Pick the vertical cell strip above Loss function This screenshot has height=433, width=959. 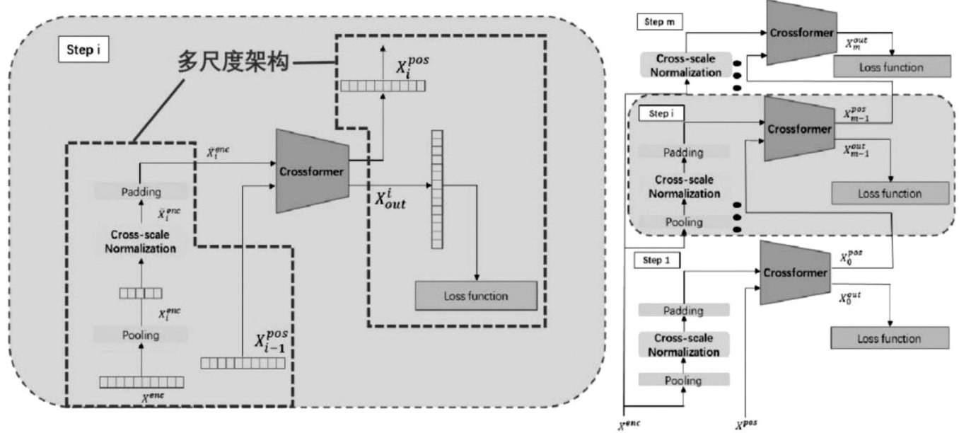tap(436, 189)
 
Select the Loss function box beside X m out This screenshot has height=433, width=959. tap(890, 67)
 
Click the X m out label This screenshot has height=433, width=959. tap(857, 44)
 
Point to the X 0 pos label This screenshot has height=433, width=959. tap(852, 257)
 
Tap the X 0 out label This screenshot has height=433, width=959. tap(852, 296)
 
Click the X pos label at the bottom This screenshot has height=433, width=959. tap(747, 424)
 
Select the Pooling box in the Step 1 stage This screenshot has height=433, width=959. tap(683, 381)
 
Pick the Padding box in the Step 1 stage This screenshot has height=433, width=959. tap(683, 311)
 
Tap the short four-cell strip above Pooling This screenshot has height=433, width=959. tap(140, 292)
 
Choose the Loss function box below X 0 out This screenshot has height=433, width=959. tap(889, 338)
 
